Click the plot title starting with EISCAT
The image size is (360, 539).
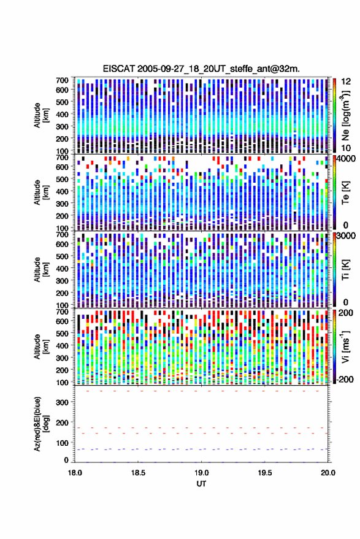(x=201, y=69)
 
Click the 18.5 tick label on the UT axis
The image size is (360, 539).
(x=138, y=473)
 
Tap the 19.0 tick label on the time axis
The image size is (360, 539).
(x=202, y=473)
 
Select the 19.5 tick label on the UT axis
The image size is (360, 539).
(x=265, y=473)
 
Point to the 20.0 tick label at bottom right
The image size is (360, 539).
(x=328, y=473)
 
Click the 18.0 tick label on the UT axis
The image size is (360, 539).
(x=75, y=473)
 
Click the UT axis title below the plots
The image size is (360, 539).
(x=202, y=484)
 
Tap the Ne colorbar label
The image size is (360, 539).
(x=345, y=115)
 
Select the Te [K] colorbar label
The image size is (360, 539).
(x=345, y=193)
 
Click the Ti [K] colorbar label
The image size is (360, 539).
(x=345, y=270)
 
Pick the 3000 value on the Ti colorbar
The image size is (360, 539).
(x=347, y=236)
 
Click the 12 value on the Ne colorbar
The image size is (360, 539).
(x=347, y=82)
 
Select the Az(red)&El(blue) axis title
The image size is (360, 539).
(x=41, y=424)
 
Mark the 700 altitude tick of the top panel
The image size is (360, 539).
(x=62, y=80)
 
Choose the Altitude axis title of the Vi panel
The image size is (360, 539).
(x=41, y=346)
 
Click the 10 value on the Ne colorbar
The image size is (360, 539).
(x=347, y=148)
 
